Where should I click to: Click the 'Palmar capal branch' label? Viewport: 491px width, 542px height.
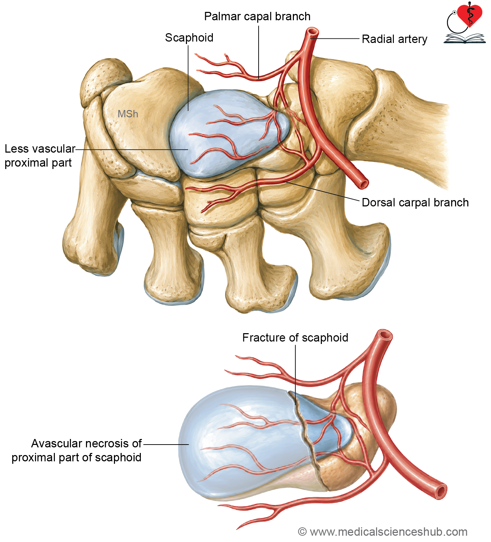(257, 16)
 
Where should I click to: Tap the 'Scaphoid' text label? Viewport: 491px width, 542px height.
(189, 38)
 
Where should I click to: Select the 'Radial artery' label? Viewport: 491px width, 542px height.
(395, 39)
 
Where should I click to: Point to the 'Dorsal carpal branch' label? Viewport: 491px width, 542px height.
(415, 203)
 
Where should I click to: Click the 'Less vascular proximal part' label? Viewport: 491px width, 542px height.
(40, 156)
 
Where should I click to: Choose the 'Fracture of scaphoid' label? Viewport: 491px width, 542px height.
(295, 338)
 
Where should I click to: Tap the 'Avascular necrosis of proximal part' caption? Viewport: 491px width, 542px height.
(77, 451)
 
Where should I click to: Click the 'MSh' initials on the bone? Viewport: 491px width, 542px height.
(128, 114)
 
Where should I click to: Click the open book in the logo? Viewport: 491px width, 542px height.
(464, 38)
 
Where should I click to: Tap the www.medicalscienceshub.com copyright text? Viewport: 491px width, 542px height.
(383, 532)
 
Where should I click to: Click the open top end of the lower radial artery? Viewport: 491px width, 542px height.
(385, 336)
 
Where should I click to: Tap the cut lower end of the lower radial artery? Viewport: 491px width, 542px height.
(441, 492)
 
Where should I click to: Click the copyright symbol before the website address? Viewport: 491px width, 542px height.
(302, 532)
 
